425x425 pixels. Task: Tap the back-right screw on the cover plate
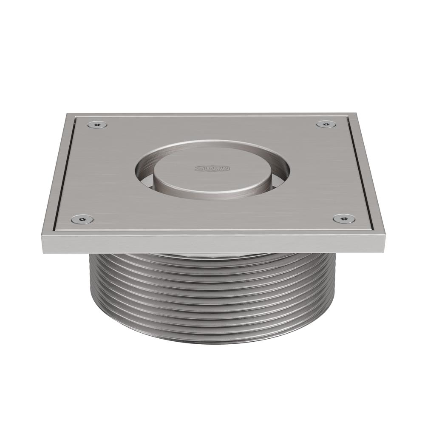point(326,124)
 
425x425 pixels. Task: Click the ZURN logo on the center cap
point(212,169)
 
